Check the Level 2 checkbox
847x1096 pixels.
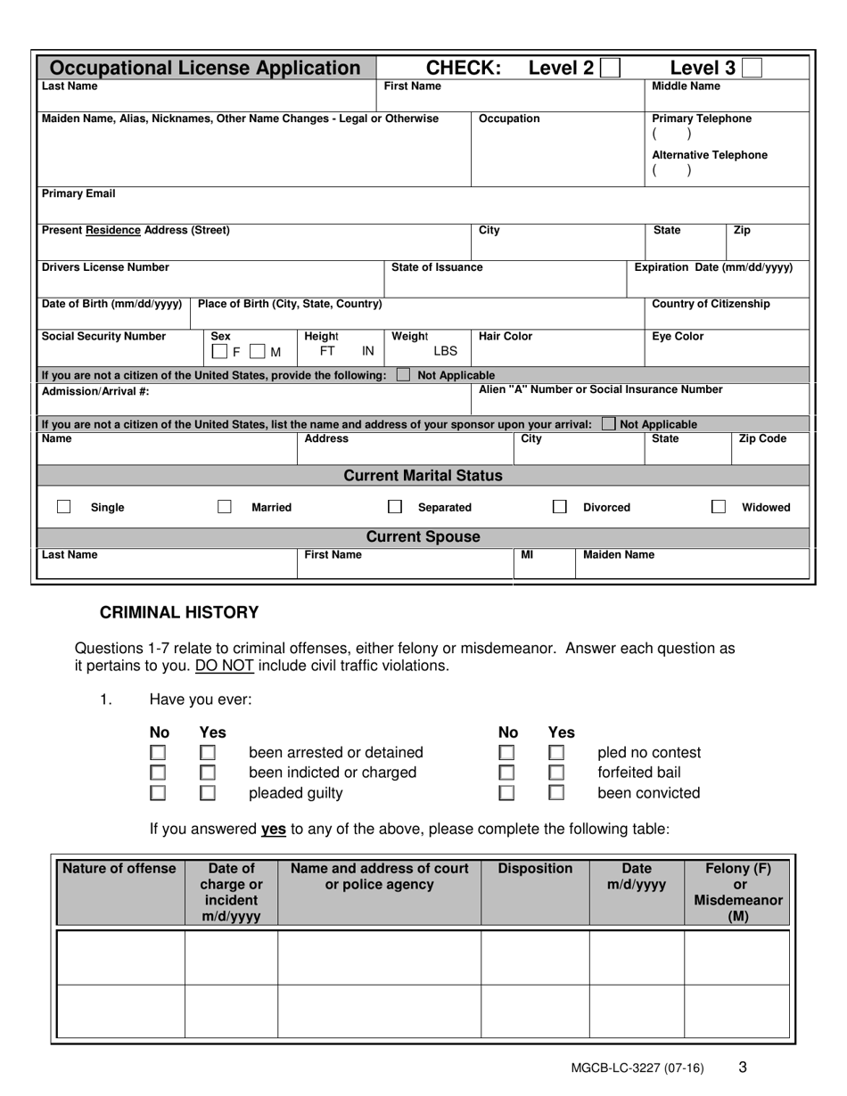pyautogui.click(x=611, y=68)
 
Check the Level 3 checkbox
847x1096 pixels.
pyautogui.click(x=752, y=68)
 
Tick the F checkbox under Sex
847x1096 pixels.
pyautogui.click(x=219, y=352)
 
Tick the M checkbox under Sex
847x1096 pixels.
pyautogui.click(x=258, y=352)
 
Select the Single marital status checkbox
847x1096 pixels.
pyautogui.click(x=64, y=507)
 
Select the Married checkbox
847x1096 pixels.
pyautogui.click(x=225, y=507)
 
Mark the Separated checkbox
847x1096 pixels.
pyautogui.click(x=394, y=507)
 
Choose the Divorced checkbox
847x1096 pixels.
pyautogui.click(x=559, y=507)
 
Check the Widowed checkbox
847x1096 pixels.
pyautogui.click(x=718, y=507)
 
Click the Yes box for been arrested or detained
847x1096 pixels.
pyautogui.click(x=208, y=754)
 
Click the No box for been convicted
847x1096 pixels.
pyautogui.click(x=506, y=792)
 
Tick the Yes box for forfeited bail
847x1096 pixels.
pyautogui.click(x=556, y=773)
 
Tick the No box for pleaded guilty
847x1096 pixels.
pyautogui.click(x=158, y=792)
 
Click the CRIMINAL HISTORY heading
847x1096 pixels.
pyautogui.click(x=178, y=612)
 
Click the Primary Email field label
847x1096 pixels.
pyautogui.click(x=78, y=193)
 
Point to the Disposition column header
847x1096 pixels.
pyautogui.click(x=535, y=869)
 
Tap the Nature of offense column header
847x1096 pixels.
pyautogui.click(x=119, y=869)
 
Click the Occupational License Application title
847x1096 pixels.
pyautogui.click(x=204, y=68)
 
